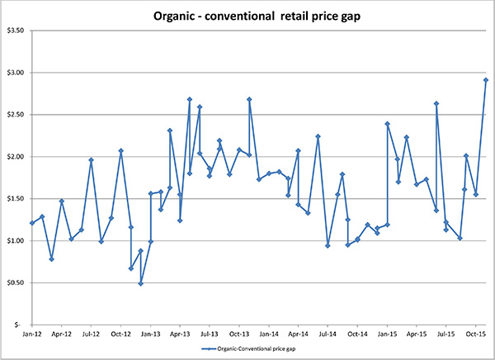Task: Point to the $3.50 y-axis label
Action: tap(16, 31)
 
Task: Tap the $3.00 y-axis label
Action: tap(16, 73)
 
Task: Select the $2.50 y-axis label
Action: tap(16, 115)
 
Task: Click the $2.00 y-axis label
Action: tap(16, 157)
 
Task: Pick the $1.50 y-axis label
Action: tap(16, 199)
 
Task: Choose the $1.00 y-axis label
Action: tap(16, 241)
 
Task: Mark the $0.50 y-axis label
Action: tap(16, 283)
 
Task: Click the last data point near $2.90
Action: tap(486, 80)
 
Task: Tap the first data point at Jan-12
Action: tap(31, 223)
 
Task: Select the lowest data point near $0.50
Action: tap(141, 283)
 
